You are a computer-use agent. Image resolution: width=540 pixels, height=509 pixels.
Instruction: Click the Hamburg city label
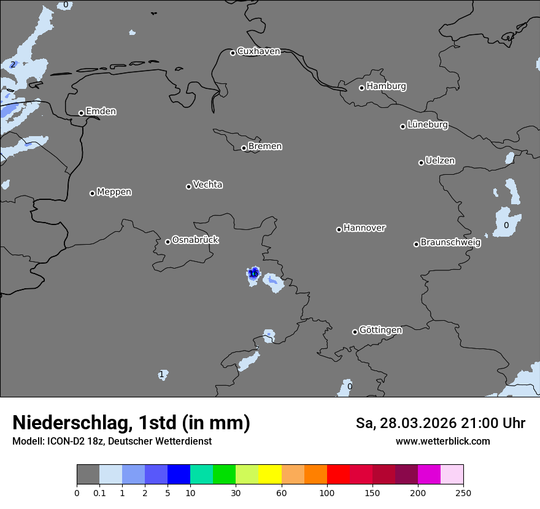point(386,86)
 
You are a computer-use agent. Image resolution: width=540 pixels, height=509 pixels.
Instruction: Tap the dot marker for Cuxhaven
point(233,53)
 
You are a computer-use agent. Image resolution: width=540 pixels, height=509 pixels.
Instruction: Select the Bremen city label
point(265,147)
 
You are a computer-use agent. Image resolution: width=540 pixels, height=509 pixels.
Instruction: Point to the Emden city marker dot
point(81,113)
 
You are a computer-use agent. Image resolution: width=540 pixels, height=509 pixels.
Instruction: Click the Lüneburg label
point(428,125)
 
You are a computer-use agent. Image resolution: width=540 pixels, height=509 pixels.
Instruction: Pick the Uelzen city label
point(440,161)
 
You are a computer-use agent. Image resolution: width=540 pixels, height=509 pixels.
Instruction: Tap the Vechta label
point(207,185)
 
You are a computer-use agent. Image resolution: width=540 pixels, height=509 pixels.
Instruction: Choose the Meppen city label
point(114,192)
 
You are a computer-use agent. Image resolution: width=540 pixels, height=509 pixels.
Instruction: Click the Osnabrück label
point(195,240)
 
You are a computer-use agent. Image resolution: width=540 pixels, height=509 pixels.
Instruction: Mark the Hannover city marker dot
point(339,229)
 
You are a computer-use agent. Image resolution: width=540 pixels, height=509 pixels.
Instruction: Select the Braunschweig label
point(450,243)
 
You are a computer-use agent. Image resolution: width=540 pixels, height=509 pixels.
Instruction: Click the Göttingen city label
point(380,331)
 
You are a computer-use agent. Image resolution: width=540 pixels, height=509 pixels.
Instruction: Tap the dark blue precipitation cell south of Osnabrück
point(253,272)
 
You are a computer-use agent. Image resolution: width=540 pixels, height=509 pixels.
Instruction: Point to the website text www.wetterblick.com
point(443,441)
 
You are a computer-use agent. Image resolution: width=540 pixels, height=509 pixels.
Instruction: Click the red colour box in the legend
point(338,475)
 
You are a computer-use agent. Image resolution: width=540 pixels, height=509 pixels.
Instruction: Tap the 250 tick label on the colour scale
point(463,492)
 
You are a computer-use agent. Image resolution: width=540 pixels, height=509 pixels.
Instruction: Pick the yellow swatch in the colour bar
point(270,475)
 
